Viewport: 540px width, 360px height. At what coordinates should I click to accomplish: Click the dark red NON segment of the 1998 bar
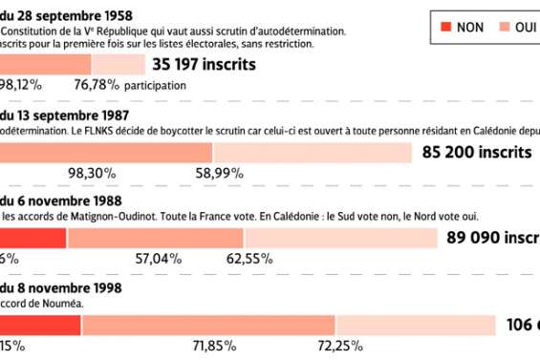click(x=40, y=325)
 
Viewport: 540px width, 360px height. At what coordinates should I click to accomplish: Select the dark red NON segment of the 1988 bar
click(x=32, y=238)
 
